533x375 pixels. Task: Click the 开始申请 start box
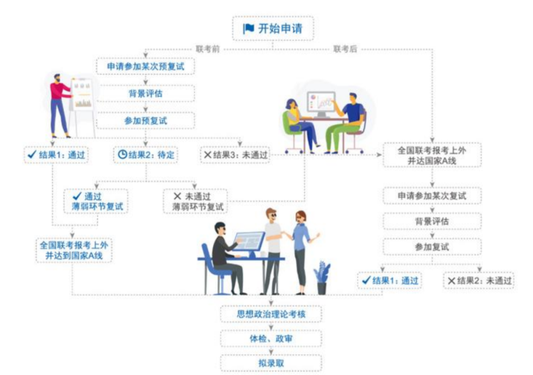click(272, 29)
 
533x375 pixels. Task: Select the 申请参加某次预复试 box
click(146, 66)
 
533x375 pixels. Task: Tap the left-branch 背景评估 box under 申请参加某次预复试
click(146, 93)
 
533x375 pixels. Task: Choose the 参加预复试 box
click(146, 120)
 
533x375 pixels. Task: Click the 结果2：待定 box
click(146, 155)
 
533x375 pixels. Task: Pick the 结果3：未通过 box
click(235, 155)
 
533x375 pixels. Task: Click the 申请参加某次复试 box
click(432, 196)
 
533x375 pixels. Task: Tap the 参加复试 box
click(432, 247)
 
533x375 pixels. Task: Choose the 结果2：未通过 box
click(479, 281)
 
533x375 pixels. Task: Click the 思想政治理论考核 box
click(271, 314)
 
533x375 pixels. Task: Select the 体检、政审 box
click(271, 338)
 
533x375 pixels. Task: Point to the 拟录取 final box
click(271, 363)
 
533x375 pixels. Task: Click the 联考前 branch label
click(207, 49)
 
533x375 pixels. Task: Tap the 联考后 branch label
click(345, 49)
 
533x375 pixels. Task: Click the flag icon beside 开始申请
click(248, 29)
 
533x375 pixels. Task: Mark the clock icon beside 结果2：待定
click(122, 155)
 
